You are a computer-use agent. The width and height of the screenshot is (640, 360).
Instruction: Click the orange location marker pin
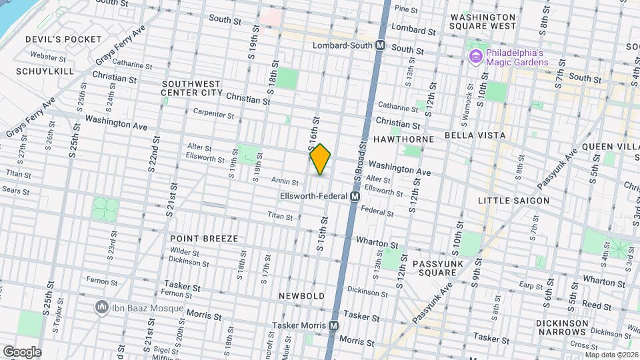[x=321, y=159]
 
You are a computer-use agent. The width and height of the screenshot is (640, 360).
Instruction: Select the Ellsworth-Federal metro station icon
[x=355, y=197]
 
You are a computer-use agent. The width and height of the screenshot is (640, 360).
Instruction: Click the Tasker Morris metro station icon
[x=335, y=325]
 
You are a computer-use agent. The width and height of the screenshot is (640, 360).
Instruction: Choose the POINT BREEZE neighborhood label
[x=203, y=238]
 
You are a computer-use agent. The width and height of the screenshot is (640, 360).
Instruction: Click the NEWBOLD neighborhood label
[x=302, y=295]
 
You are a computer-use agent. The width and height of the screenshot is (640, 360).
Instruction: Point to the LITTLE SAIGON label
[x=513, y=200]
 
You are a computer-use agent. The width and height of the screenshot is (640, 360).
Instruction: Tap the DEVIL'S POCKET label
[x=53, y=40]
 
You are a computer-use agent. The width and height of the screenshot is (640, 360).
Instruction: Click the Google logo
[x=21, y=352]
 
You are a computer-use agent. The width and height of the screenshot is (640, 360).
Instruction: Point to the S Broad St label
[x=362, y=161]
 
